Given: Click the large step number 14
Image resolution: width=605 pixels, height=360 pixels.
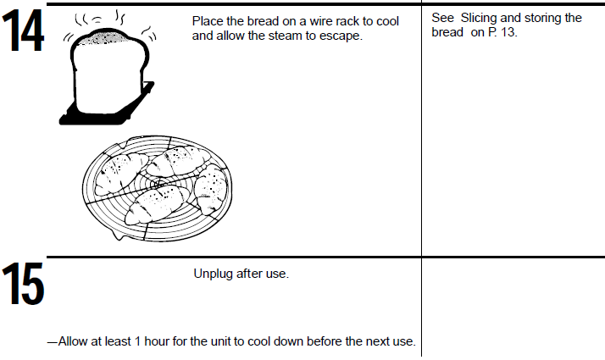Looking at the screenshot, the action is click(23, 30).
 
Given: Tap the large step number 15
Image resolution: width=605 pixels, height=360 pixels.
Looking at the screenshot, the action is click(23, 284).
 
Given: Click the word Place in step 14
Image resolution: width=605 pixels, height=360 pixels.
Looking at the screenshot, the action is click(207, 21).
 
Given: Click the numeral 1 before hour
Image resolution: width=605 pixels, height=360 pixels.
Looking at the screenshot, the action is click(137, 341).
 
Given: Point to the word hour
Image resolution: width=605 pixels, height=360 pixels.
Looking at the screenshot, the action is click(156, 341).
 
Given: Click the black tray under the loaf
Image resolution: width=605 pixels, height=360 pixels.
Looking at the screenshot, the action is click(106, 112).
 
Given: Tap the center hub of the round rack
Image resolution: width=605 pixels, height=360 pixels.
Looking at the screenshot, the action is click(158, 184).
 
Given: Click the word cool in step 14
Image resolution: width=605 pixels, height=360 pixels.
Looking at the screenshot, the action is click(387, 21).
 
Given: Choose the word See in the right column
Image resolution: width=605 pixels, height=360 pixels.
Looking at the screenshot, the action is click(442, 18).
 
